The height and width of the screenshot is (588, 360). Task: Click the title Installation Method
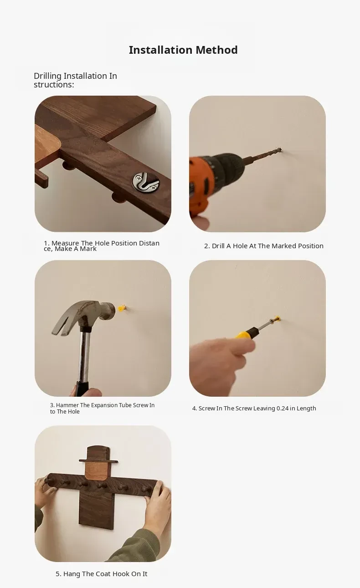pyautogui.click(x=183, y=50)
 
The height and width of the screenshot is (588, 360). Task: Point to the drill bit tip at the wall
pyautogui.click(x=280, y=150)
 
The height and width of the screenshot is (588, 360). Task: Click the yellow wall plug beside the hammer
pyautogui.click(x=122, y=307)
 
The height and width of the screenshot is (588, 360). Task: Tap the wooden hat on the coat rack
pyautogui.click(x=98, y=455)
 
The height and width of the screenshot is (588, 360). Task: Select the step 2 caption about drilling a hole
pyautogui.click(x=264, y=246)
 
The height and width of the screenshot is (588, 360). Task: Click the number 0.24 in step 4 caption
pyautogui.click(x=283, y=408)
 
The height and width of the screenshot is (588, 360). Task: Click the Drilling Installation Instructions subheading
pyautogui.click(x=75, y=80)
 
